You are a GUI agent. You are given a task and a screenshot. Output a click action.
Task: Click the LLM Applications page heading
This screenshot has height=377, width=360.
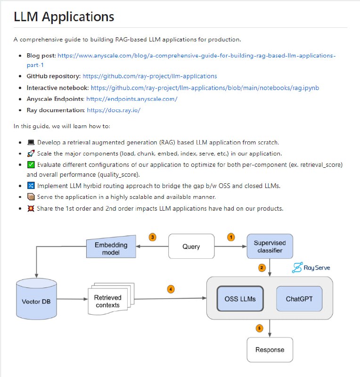[x=64, y=17]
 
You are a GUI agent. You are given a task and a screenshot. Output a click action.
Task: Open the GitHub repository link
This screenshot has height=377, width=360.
[x=149, y=76]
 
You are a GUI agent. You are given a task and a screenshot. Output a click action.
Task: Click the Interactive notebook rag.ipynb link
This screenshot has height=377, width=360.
[x=205, y=88]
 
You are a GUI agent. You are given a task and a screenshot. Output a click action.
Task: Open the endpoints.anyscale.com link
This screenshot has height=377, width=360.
[x=132, y=99]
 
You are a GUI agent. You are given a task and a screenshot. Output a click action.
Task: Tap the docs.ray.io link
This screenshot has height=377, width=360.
[x=114, y=110]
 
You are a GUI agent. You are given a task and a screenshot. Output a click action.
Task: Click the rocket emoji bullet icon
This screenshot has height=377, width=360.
[x=31, y=154]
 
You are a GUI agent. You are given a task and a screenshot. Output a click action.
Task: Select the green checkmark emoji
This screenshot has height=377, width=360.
[x=31, y=165]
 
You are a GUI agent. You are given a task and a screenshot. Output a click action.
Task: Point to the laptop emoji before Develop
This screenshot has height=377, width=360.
[x=31, y=142]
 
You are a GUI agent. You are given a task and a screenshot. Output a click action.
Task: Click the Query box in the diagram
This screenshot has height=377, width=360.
[x=191, y=246]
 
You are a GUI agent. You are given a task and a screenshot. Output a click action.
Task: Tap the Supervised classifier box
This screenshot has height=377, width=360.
[x=270, y=246]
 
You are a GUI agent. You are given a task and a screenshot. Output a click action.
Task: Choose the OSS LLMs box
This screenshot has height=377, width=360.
[x=240, y=299]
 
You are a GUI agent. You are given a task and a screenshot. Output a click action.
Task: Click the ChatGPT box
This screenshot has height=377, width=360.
[x=299, y=299]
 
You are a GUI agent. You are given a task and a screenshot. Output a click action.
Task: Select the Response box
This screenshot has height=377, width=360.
[x=270, y=350]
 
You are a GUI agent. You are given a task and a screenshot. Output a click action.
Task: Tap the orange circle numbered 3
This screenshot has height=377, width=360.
[x=152, y=237]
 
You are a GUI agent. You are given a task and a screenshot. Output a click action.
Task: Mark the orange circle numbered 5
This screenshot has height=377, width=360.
[x=259, y=328]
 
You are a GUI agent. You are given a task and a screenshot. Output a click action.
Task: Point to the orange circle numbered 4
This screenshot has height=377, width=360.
[x=171, y=289]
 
